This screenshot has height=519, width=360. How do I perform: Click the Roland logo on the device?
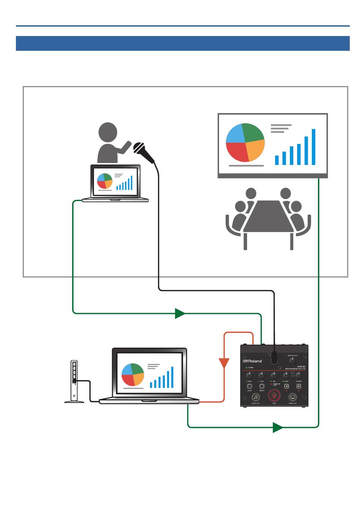(252, 361)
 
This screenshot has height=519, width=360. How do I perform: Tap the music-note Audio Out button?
(256, 397)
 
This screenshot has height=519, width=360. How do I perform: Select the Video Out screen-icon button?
(293, 397)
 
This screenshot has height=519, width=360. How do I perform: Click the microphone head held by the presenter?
(139, 147)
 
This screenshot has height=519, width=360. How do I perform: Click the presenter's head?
(108, 132)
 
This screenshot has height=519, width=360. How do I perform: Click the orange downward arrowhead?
(224, 363)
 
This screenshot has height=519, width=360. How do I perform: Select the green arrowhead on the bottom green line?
(278, 427)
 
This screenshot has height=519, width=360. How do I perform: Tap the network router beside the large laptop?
(74, 381)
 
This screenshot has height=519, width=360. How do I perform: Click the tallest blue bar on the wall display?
(313, 147)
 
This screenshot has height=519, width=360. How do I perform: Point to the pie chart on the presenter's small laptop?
(105, 181)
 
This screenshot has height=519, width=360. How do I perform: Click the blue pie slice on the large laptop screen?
(128, 369)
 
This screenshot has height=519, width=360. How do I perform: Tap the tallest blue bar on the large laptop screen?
(172, 377)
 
